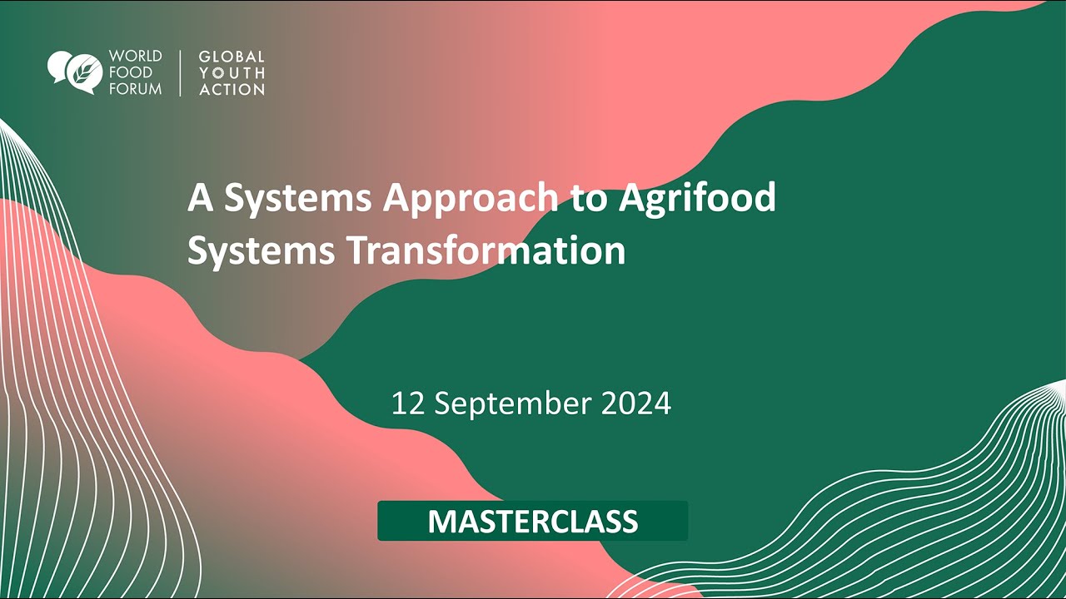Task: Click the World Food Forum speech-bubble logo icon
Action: click(75, 72)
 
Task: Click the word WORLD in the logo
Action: click(135, 57)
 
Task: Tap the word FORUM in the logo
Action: click(135, 88)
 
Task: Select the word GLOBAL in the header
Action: click(232, 57)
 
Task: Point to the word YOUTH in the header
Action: click(232, 73)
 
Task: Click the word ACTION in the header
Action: click(232, 89)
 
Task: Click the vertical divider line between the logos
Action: click(180, 73)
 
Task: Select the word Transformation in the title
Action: click(486, 250)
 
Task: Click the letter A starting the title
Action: click(200, 199)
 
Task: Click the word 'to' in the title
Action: click(587, 199)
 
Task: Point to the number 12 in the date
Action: click(408, 403)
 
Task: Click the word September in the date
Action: click(512, 403)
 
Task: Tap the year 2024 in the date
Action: click(635, 403)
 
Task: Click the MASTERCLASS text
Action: click(533, 522)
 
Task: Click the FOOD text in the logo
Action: click(130, 73)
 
